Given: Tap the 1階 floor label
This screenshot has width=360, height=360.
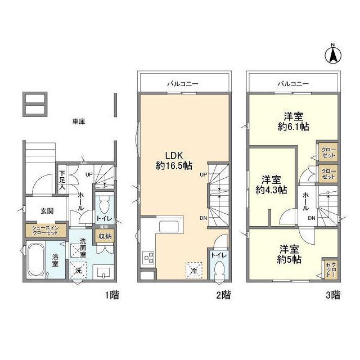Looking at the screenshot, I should click(111, 295).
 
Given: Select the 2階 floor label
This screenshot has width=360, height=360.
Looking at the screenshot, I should click(223, 295).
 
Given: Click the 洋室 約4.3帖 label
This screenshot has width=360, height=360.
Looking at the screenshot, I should click(271, 184).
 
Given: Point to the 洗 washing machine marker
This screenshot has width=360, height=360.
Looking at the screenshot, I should click(78, 271).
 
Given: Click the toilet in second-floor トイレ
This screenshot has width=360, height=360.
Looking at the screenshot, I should click(219, 272).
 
